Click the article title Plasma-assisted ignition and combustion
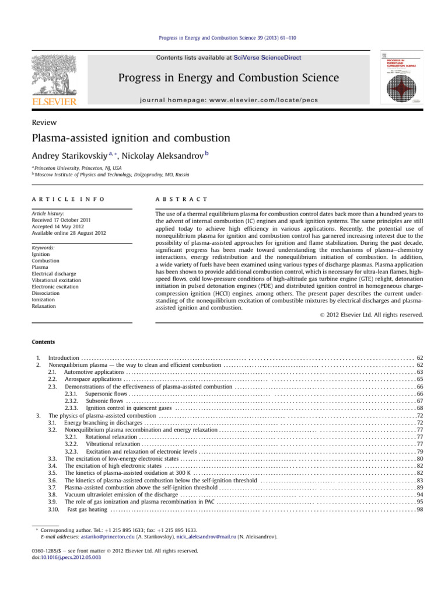pyautogui.click(x=131, y=138)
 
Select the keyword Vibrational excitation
pyautogui.click(x=58, y=281)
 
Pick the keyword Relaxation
pyautogui.click(x=44, y=305)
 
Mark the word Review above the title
pyautogui.click(x=44, y=122)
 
